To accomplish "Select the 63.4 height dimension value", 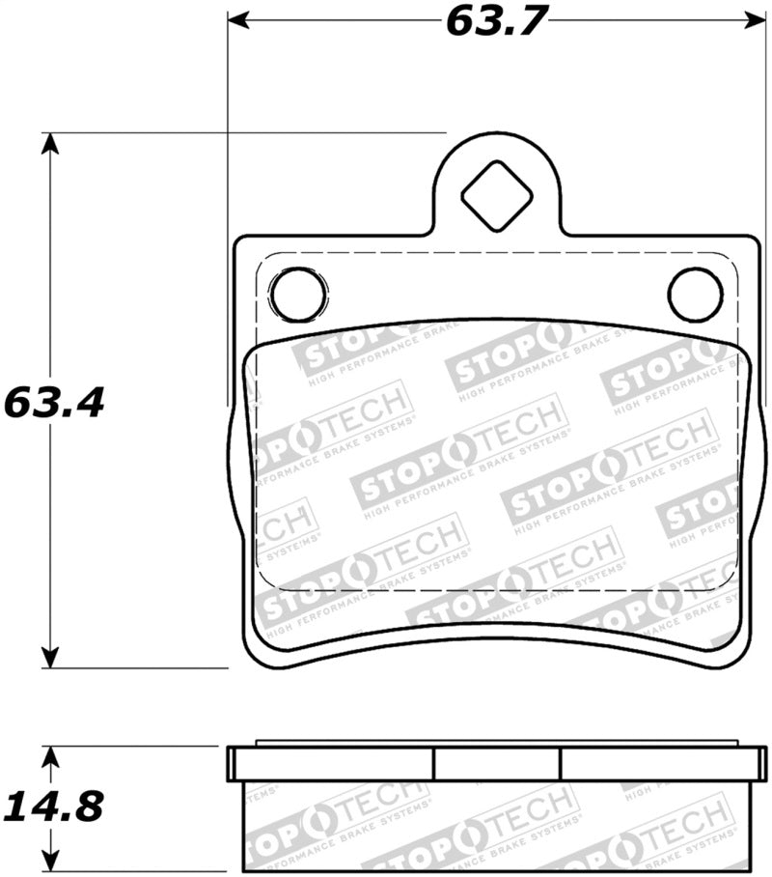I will [53, 402].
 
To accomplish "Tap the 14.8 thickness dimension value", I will [53, 805].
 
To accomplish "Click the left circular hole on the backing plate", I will [298, 295].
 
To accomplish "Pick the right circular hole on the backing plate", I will [696, 295].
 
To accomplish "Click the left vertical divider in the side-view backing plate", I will [434, 764].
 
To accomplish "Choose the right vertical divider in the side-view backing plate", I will [561, 764].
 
